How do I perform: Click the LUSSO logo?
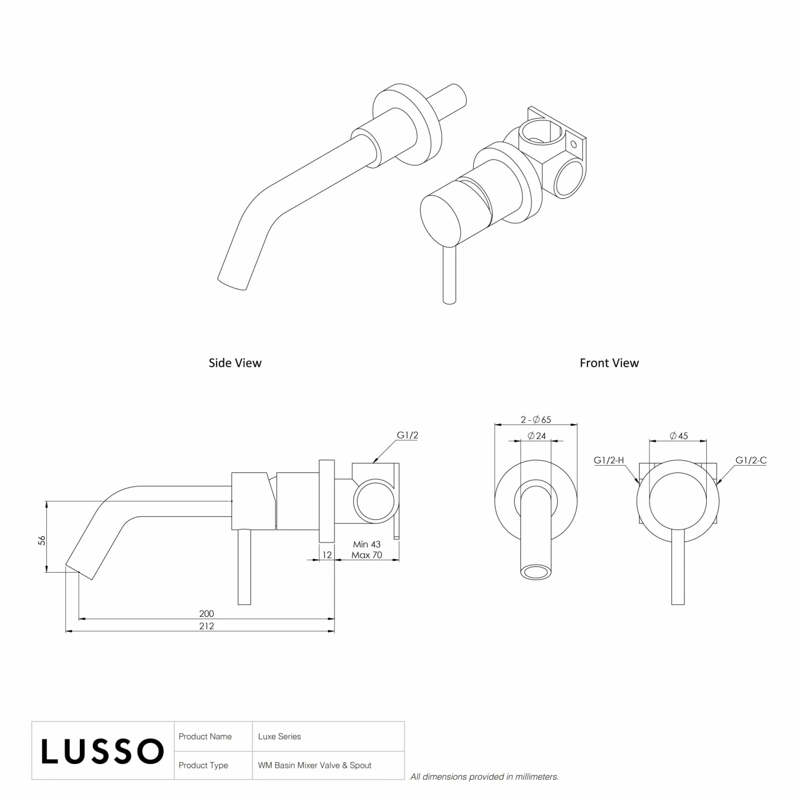click(102, 751)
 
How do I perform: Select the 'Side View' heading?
click(235, 363)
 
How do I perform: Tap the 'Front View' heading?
click(609, 363)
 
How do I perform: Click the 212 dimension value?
click(206, 626)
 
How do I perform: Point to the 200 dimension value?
click(206, 614)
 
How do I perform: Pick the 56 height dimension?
click(42, 540)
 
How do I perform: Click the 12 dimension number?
click(327, 555)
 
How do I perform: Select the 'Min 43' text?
click(366, 544)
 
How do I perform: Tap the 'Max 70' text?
click(366, 555)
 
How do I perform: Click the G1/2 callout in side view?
click(407, 435)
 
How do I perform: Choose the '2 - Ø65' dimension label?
click(536, 420)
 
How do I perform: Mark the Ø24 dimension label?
click(536, 436)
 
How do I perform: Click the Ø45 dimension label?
click(679, 436)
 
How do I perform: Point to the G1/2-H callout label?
click(608, 460)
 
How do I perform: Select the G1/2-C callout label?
click(751, 460)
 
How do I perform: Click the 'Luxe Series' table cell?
click(280, 737)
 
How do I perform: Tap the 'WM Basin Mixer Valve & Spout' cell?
click(315, 765)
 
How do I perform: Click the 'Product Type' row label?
click(203, 765)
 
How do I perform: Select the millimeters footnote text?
click(484, 777)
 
